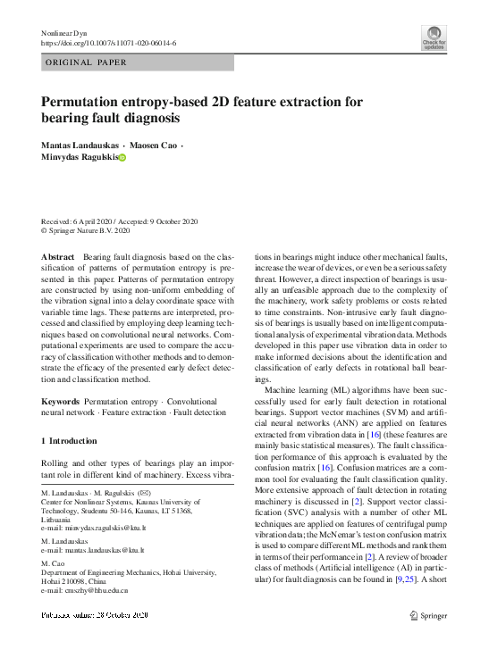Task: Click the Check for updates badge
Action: click(434, 37)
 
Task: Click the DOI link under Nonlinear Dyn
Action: click(109, 43)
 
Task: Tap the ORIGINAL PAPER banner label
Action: click(86, 62)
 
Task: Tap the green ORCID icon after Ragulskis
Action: click(122, 157)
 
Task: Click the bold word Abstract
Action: click(57, 256)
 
